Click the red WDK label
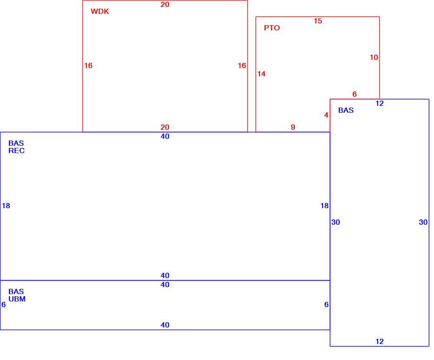[100, 11]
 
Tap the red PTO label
[272, 28]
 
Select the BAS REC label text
[16, 147]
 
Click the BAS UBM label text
[17, 295]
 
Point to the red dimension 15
[318, 21]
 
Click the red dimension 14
[261, 74]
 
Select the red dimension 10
[374, 57]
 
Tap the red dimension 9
[293, 127]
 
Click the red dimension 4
[326, 115]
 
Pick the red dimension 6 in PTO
[355, 95]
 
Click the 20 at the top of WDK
[165, 4]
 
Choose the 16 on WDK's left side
[88, 65]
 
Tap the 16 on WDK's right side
[242, 65]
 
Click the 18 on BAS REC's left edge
[6, 206]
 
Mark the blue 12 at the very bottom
[379, 341]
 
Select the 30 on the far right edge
[423, 222]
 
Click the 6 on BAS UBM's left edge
[3, 304]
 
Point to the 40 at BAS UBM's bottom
[165, 325]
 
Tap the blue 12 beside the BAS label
[379, 104]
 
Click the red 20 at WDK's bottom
[165, 127]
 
